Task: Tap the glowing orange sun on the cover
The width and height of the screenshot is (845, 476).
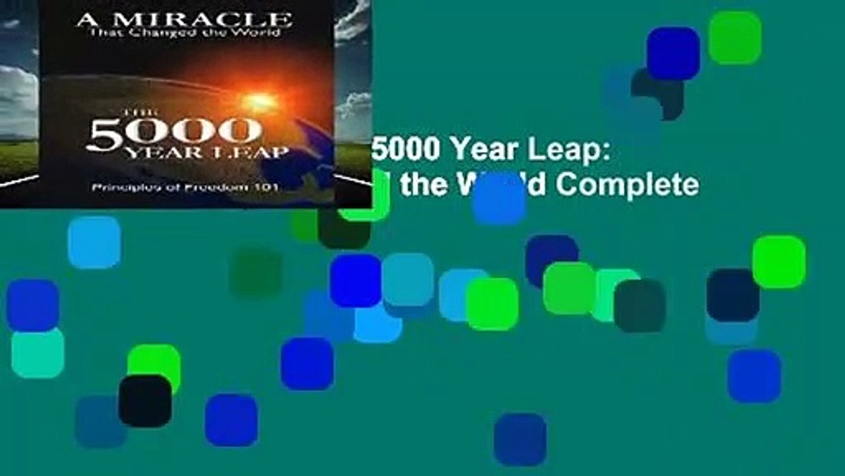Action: point(259,100)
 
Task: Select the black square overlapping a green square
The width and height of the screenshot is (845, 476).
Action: point(145,401)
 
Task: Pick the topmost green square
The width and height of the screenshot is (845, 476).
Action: point(735,37)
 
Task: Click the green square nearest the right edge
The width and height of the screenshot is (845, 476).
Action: point(778,262)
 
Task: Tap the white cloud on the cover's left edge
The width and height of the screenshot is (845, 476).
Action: point(17,99)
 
